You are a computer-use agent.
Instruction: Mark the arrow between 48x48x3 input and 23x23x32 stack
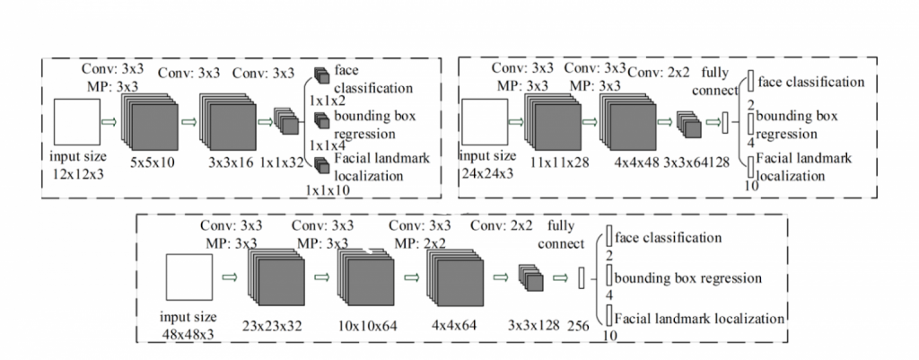230,278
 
